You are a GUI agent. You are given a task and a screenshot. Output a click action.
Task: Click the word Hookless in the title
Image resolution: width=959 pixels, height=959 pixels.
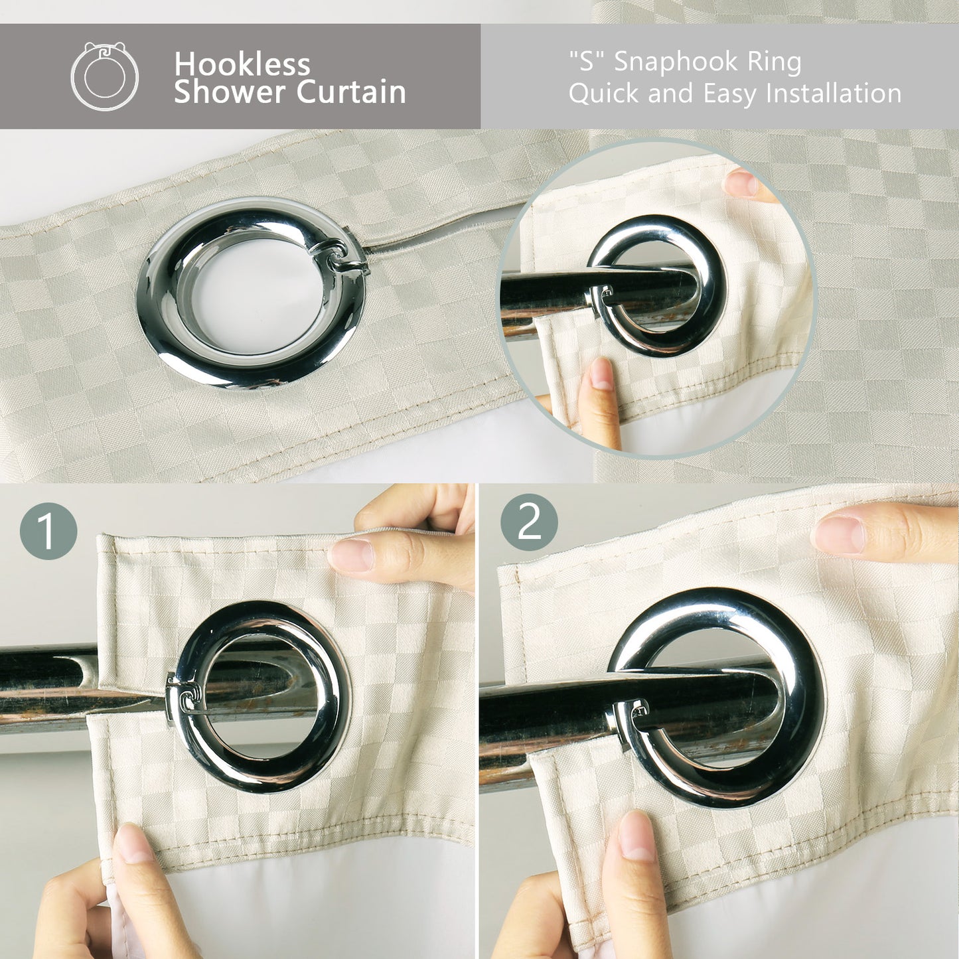tap(242, 64)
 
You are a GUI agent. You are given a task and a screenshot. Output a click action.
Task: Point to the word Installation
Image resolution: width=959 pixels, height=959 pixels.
tap(834, 93)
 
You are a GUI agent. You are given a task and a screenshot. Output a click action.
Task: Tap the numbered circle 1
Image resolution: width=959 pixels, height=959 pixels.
tap(48, 531)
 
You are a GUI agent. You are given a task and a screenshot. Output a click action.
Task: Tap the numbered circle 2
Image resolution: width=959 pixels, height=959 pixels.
tap(529, 522)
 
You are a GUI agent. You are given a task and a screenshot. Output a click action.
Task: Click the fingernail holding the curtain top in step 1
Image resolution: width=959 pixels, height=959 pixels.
tap(350, 555)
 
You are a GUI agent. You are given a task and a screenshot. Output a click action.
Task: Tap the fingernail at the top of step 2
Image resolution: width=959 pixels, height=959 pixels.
tap(838, 534)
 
